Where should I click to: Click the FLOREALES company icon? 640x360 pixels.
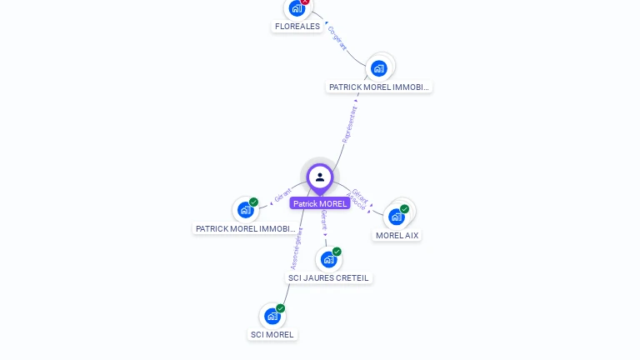click(x=297, y=9)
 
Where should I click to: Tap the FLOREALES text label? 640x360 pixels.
click(x=297, y=27)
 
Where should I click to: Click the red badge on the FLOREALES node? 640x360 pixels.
click(x=306, y=1)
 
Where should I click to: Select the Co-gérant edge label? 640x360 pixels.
click(x=337, y=38)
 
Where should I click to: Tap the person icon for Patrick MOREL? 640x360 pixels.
click(x=320, y=177)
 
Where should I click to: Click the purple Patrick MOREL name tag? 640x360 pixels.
click(x=320, y=203)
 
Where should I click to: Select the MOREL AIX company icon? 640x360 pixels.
click(x=397, y=217)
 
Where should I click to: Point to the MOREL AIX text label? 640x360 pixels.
click(x=397, y=236)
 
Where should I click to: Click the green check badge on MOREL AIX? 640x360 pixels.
click(x=405, y=209)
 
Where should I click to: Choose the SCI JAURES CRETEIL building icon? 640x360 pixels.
click(x=328, y=259)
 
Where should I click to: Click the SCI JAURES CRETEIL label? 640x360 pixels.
click(x=328, y=278)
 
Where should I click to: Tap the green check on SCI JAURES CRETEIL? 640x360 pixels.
click(x=337, y=252)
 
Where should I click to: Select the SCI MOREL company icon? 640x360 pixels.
click(x=272, y=316)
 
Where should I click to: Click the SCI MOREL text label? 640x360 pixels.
click(x=272, y=335)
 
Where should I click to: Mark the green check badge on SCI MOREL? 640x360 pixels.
click(x=281, y=308)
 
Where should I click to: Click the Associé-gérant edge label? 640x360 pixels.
click(x=296, y=248)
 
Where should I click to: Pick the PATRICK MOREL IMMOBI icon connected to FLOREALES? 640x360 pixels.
click(x=379, y=68)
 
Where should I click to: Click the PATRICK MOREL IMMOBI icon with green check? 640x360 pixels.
click(x=245, y=210)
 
